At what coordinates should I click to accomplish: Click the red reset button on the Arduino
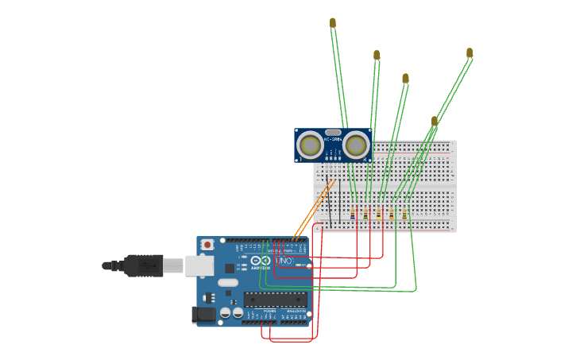(x=207, y=245)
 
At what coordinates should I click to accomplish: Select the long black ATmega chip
(x=275, y=300)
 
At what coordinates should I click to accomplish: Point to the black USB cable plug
(x=144, y=265)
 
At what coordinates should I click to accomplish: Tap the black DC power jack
(x=204, y=315)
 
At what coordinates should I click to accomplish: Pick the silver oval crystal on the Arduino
(x=228, y=282)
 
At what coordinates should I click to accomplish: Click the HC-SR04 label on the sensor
(x=333, y=140)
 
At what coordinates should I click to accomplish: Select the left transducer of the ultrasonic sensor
(x=310, y=145)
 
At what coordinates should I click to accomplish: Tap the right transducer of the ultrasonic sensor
(x=357, y=145)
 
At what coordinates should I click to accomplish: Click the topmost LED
(x=333, y=23)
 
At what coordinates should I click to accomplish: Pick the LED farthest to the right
(x=470, y=53)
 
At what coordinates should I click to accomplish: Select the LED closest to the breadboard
(x=435, y=122)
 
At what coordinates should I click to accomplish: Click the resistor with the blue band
(x=353, y=214)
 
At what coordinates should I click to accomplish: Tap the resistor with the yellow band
(x=378, y=214)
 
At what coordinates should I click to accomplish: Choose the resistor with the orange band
(x=391, y=214)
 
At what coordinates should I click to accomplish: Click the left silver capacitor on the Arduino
(x=226, y=313)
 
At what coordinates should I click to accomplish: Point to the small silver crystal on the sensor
(x=333, y=133)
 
